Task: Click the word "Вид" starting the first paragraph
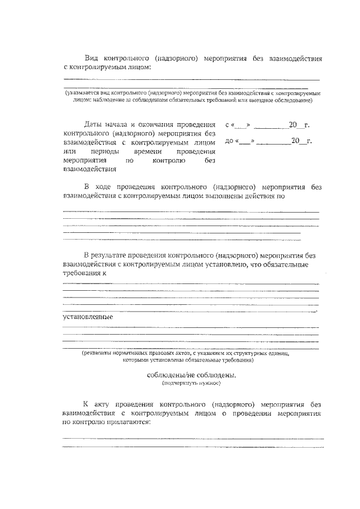[92, 58]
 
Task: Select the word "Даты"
[93, 124]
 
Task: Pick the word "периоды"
[103, 151]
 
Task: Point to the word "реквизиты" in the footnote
[97, 353]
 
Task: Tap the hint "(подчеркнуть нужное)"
[188, 383]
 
